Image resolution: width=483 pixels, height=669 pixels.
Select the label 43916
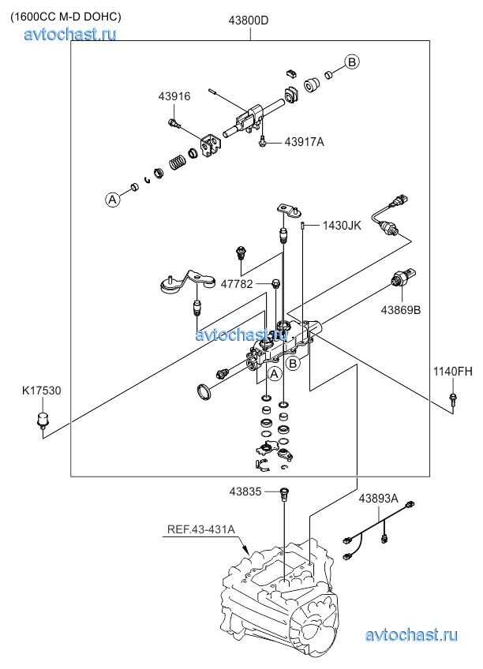tap(174, 96)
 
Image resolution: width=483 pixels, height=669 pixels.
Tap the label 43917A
tap(304, 142)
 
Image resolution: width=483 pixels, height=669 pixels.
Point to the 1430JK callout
tap(341, 226)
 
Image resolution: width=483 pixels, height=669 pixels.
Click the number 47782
tap(237, 284)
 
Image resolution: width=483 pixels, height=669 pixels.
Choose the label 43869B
tap(401, 310)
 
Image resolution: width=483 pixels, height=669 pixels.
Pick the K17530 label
tap(42, 390)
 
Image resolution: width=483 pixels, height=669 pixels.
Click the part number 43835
tap(246, 491)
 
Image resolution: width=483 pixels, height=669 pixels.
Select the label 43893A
tap(378, 499)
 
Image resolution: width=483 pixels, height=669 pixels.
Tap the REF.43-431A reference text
tap(200, 530)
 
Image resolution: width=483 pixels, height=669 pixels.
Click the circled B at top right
tap(352, 62)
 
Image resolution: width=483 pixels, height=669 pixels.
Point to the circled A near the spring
tap(113, 199)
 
